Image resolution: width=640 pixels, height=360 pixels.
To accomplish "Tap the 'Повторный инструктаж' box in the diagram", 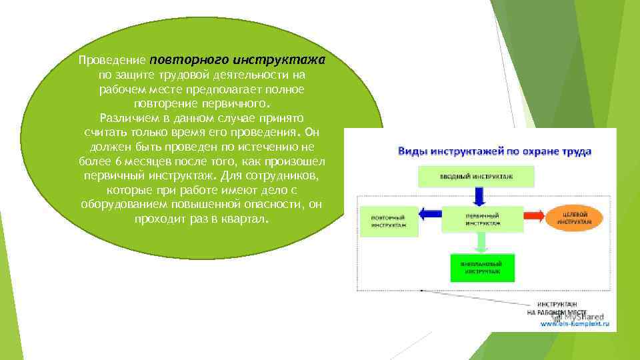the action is [390, 221].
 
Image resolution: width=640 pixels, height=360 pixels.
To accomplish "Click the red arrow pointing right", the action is [534, 215].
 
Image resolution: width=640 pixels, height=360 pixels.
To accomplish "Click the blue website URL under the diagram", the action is [575, 324].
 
